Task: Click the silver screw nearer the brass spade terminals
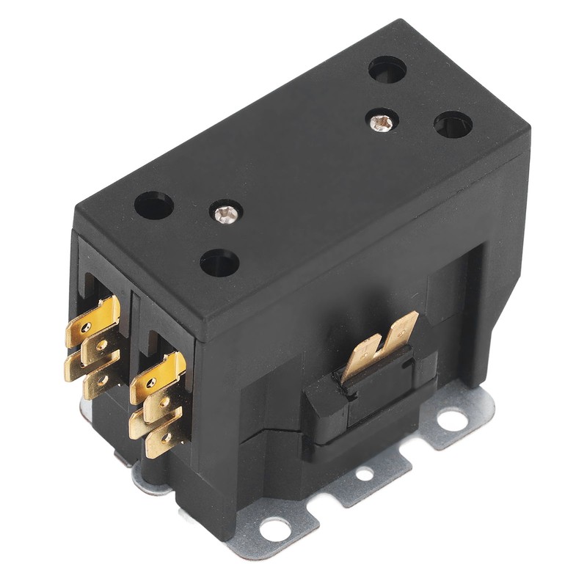tap(225, 214)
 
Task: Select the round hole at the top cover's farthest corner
tap(387, 70)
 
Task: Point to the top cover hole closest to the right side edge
tap(453, 124)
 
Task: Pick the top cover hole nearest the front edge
tap(220, 262)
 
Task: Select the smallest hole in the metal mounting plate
tap(364, 475)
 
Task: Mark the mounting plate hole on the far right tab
tap(453, 420)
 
